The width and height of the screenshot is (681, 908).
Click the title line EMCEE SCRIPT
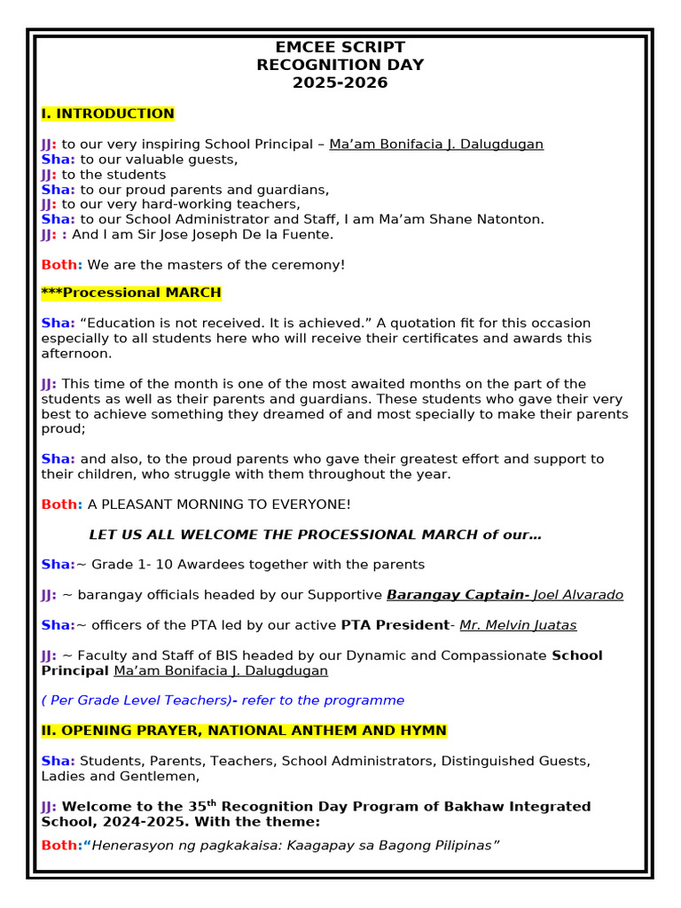(x=340, y=48)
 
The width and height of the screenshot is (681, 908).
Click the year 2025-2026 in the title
(x=340, y=83)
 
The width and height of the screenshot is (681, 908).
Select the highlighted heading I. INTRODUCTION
(x=107, y=113)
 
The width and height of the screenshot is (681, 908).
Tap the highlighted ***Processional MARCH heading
(x=131, y=293)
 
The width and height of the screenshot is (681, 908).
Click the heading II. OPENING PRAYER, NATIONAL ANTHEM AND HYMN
(x=244, y=731)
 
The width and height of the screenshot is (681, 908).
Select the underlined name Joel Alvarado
(x=578, y=595)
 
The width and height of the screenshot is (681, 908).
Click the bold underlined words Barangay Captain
(x=456, y=595)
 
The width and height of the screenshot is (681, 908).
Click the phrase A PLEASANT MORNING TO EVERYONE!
(x=219, y=505)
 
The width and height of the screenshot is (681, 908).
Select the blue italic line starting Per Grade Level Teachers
(x=222, y=701)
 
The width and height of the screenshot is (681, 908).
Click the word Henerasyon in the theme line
(x=134, y=845)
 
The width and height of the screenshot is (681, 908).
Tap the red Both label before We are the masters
(x=60, y=264)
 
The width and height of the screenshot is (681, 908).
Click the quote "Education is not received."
(x=175, y=324)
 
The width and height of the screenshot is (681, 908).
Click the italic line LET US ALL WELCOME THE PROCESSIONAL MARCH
(x=315, y=535)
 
